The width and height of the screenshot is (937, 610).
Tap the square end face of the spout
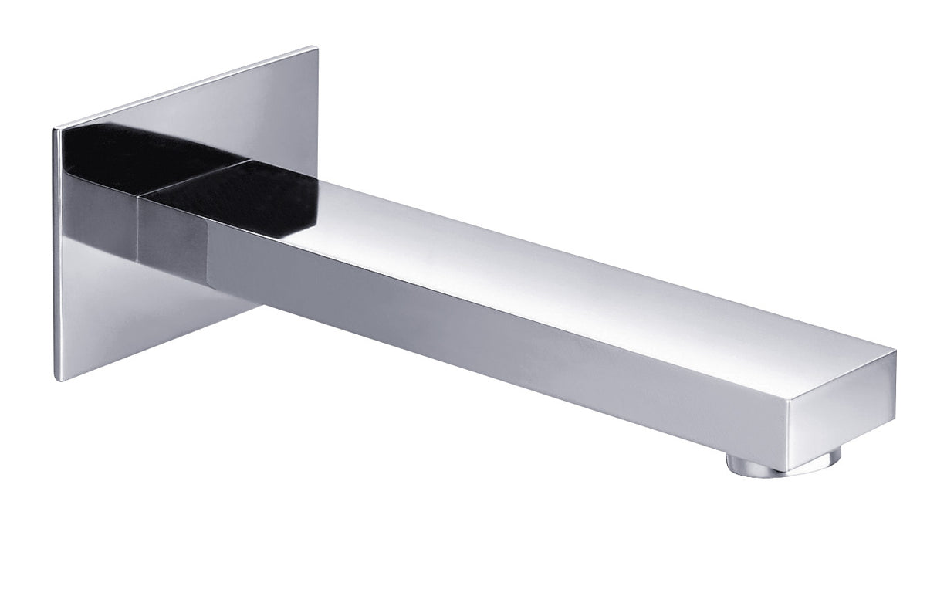click(841, 418)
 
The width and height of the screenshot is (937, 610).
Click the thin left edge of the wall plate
click(56, 255)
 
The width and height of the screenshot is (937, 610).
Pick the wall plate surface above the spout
click(193, 100)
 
